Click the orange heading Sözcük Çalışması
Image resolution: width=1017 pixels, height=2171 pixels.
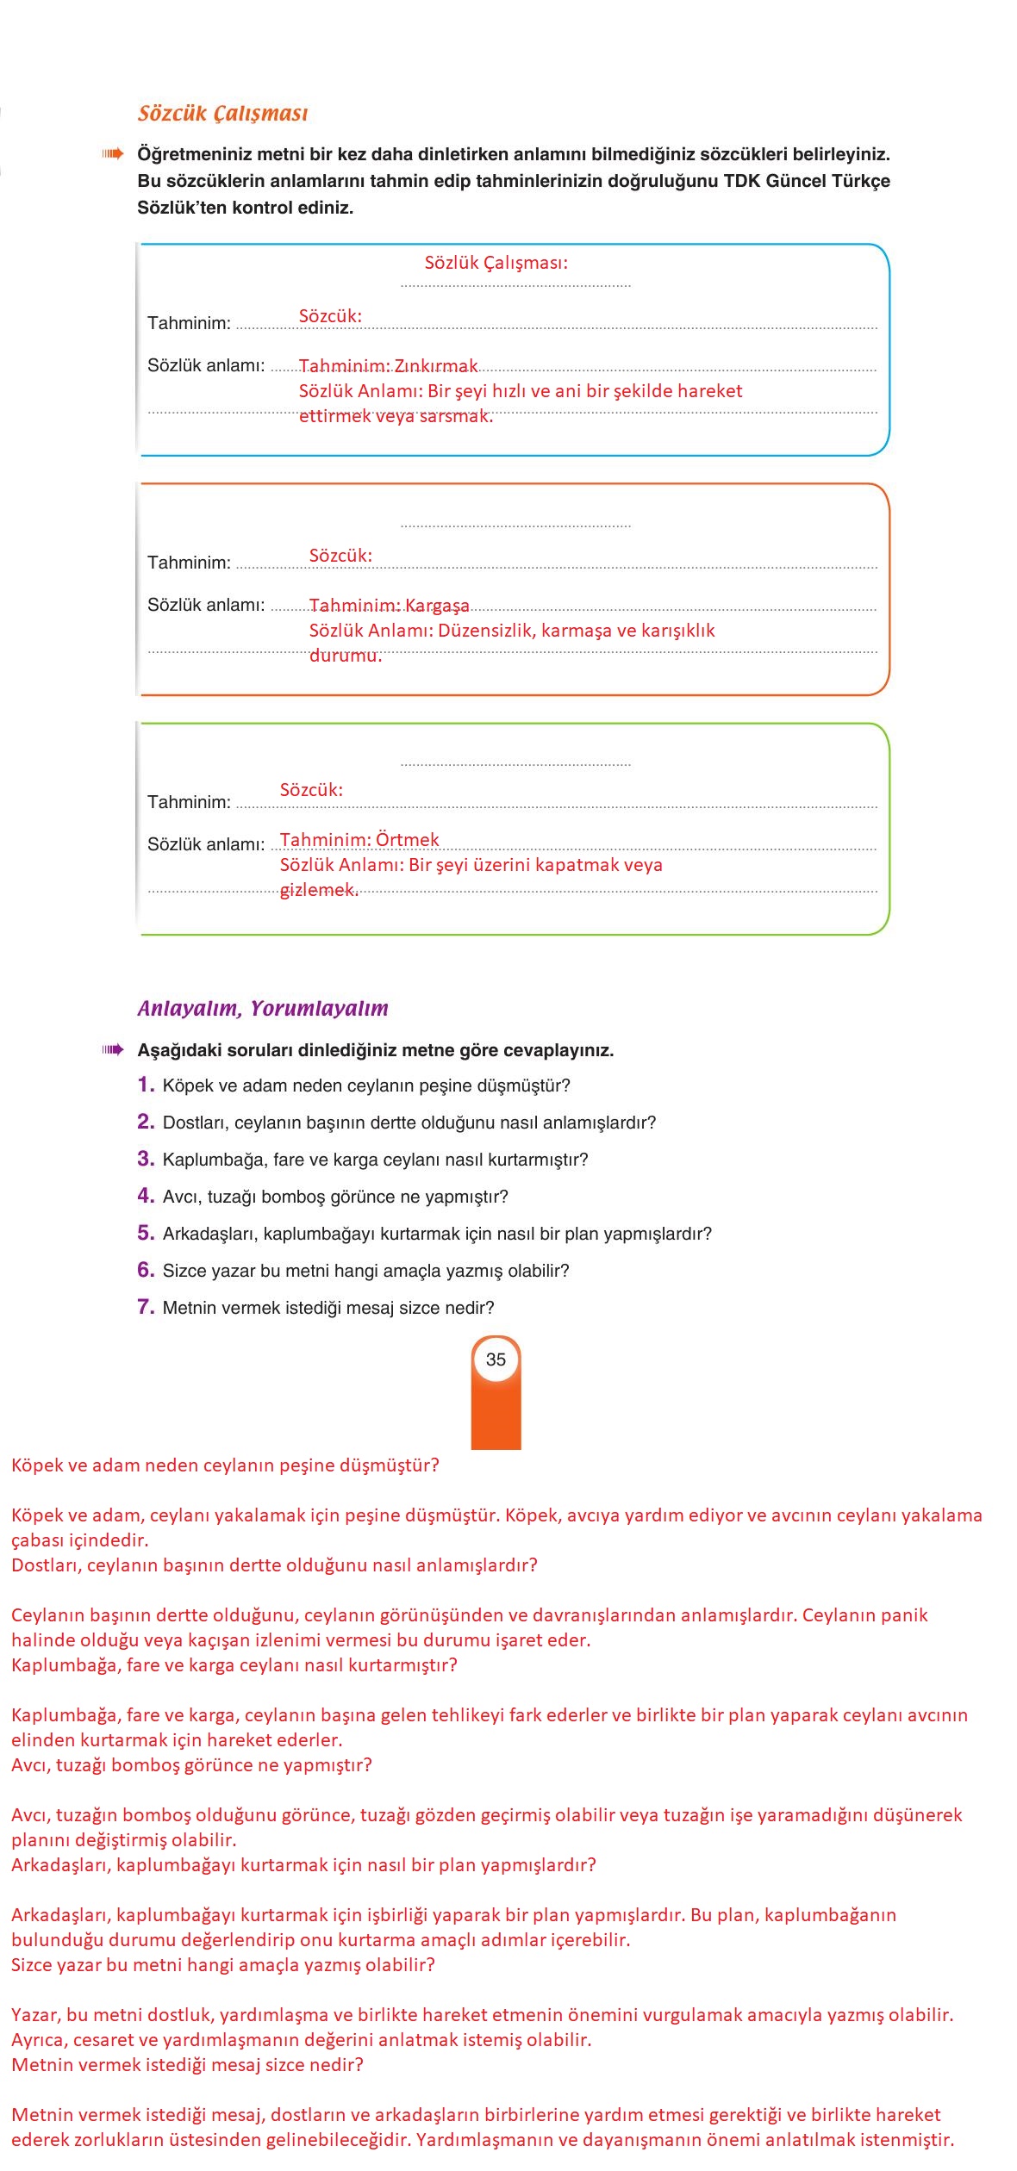(222, 114)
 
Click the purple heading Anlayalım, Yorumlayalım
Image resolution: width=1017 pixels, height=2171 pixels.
(263, 1008)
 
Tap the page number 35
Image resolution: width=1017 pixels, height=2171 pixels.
(496, 1359)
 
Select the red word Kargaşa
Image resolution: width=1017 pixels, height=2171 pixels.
(437, 606)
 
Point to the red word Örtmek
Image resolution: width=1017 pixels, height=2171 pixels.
(408, 840)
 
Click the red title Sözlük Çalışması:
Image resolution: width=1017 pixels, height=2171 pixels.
(496, 263)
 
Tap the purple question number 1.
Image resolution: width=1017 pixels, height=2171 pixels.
(145, 1085)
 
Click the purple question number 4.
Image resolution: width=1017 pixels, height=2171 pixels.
(145, 1196)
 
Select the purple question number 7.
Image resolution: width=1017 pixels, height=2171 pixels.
(145, 1307)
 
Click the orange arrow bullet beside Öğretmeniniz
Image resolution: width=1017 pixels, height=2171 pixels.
(113, 154)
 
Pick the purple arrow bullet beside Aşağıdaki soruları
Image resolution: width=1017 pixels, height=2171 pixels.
(113, 1049)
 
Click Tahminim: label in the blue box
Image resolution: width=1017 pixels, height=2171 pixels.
(189, 323)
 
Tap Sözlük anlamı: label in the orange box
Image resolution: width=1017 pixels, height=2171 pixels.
(206, 605)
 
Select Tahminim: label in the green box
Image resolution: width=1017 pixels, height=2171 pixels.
(189, 802)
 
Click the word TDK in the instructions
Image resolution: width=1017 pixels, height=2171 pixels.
(741, 181)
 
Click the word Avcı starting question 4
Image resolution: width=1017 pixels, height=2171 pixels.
(180, 1197)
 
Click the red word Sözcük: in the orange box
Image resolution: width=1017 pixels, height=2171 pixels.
(340, 556)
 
